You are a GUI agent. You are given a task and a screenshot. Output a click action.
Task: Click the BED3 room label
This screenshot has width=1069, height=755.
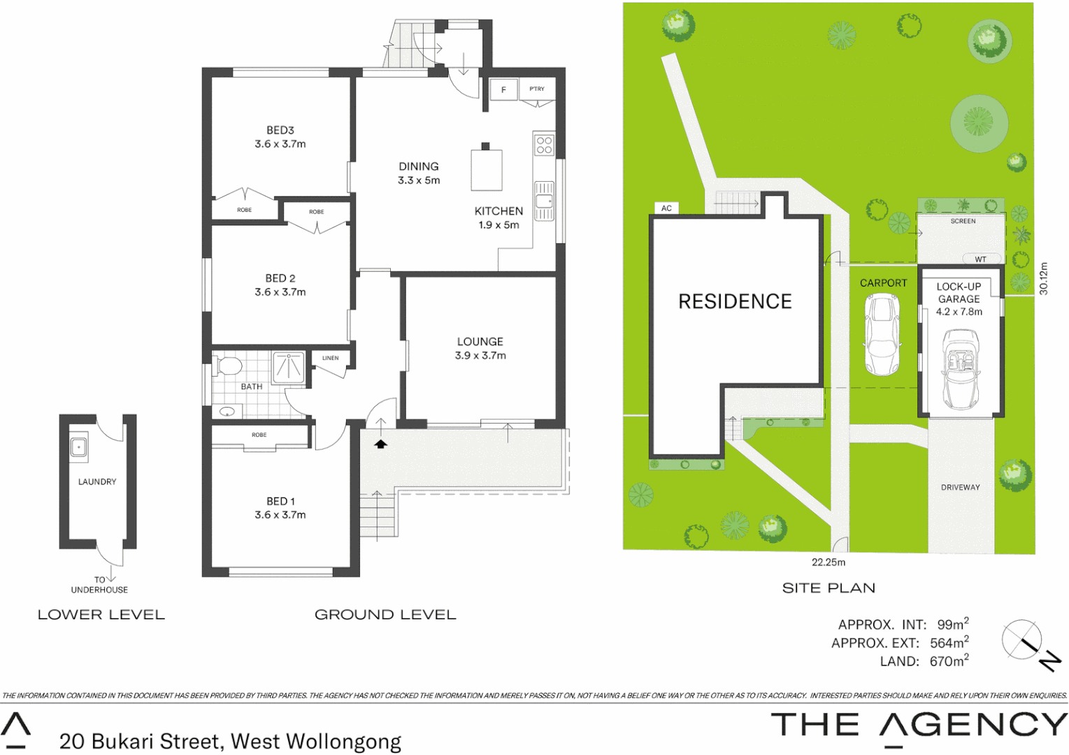280,131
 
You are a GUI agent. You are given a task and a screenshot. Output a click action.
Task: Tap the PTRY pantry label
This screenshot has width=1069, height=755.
536,89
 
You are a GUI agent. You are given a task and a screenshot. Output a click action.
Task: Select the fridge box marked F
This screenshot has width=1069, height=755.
503,89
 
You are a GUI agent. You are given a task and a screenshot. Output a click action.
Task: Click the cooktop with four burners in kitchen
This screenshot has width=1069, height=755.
544,145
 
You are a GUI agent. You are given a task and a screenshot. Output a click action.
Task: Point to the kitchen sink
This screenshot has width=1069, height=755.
544,201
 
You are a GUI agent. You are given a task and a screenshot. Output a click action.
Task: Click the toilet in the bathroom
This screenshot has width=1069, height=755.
229,366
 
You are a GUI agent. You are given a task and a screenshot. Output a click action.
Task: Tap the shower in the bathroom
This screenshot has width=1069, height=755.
289,367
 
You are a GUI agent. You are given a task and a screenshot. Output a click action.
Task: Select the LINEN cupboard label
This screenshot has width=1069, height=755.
330,358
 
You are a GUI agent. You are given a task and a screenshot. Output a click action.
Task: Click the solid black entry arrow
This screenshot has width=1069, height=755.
380,444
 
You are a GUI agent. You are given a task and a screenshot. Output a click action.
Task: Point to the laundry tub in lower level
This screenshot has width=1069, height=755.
79,447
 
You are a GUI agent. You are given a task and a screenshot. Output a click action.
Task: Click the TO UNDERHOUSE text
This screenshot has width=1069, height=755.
99,585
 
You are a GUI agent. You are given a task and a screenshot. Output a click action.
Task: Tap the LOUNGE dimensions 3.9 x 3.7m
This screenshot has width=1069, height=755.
480,356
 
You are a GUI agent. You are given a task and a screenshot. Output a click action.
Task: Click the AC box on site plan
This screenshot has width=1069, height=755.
666,208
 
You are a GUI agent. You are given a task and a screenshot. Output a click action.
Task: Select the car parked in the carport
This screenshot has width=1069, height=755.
882,335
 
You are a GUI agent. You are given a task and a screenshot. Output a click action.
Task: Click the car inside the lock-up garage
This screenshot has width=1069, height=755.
961,369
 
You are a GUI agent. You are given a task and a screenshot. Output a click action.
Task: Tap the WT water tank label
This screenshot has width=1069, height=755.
980,259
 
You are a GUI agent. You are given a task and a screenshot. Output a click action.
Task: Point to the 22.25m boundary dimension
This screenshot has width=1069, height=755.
828,562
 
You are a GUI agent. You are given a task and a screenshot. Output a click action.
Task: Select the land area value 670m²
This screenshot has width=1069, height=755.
949,661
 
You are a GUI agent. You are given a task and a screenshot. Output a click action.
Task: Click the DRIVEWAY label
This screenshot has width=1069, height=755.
960,487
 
